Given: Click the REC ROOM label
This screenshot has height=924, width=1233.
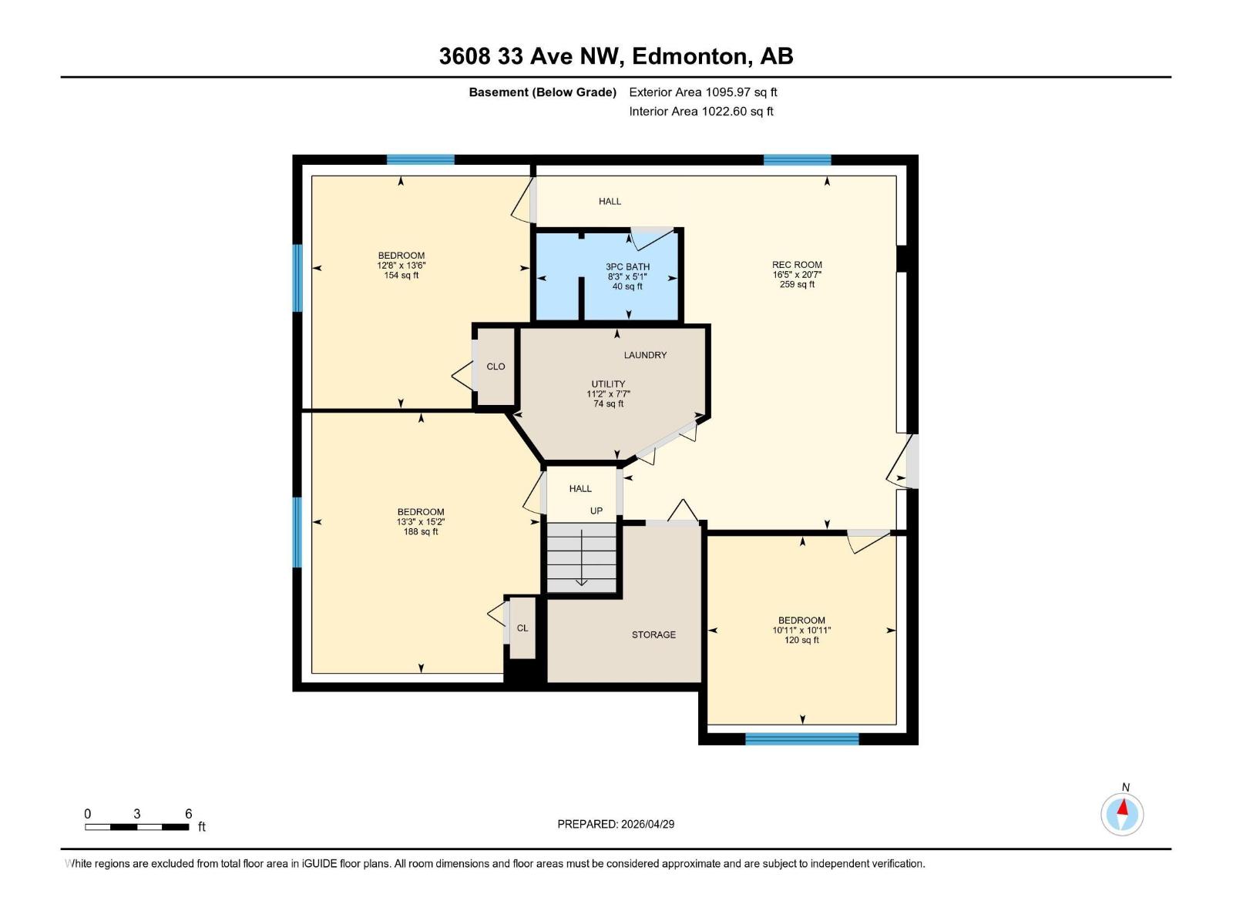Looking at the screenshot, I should pos(797,265).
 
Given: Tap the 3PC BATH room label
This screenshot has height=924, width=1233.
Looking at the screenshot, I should pos(627,267).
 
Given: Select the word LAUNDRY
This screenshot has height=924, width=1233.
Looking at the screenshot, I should pos(645,355).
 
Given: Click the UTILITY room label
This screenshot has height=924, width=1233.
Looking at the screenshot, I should pos(608,384).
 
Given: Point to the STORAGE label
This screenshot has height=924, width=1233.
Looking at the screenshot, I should pos(653,634).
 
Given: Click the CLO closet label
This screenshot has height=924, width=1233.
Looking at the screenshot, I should pos(496,367).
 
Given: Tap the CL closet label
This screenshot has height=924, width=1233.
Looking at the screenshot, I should pos(522,628).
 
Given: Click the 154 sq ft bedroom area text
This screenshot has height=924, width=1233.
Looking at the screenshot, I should pos(401,276).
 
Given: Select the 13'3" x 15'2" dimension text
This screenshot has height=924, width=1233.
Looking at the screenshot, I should pos(421,522).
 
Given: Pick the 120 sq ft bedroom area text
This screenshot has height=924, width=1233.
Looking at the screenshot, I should pos(801,640).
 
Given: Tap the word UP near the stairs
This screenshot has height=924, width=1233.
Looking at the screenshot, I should pos(596,511).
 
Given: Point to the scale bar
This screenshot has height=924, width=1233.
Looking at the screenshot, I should pos(137,827).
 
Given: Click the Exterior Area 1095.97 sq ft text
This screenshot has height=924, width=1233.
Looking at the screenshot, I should pos(703,92).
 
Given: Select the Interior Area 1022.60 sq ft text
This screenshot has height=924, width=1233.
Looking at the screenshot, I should pos(700,112).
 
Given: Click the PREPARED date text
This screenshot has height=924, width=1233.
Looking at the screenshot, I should pos(616,824).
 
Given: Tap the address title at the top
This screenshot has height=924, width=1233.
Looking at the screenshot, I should pos(616,56).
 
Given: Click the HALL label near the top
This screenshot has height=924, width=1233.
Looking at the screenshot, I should pos(610,202).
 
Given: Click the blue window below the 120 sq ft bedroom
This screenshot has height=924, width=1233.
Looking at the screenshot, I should pos(801,739).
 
